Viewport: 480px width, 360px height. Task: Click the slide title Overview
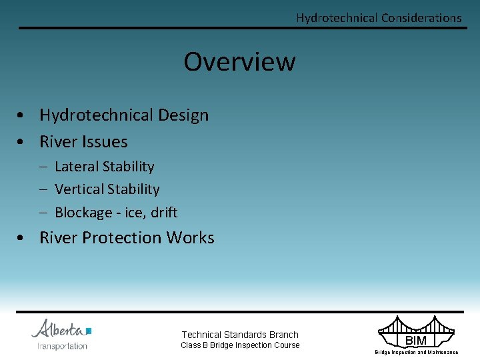[x=239, y=61]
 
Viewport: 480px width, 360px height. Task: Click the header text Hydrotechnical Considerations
[x=379, y=18]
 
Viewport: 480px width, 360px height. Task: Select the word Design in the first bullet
[x=183, y=115]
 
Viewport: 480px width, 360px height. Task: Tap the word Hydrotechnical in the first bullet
[x=95, y=115]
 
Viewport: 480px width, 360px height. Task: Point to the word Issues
[x=105, y=142]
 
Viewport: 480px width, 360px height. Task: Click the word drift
[x=164, y=213]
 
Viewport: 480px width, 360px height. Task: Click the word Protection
[x=124, y=238]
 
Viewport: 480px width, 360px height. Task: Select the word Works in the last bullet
[x=191, y=238]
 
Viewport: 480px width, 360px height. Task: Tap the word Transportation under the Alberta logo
[x=62, y=346]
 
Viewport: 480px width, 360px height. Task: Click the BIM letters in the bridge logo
[x=416, y=341]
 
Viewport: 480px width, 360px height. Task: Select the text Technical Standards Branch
[x=240, y=335]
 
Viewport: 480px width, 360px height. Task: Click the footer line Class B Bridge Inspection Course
[x=240, y=345]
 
